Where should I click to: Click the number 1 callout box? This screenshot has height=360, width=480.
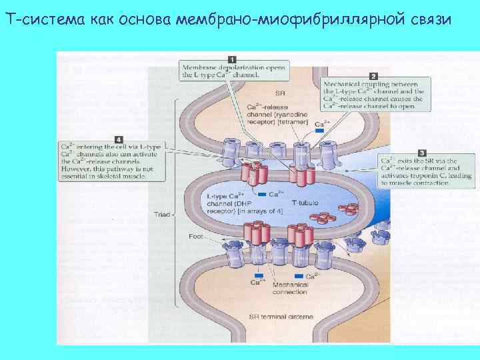tap(232, 59)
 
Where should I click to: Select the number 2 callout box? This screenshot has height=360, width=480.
tap(373, 77)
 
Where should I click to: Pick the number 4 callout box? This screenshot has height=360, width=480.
tap(118, 139)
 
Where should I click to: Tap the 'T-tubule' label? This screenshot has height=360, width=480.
tap(308, 202)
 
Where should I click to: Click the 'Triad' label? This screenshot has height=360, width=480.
tap(162, 215)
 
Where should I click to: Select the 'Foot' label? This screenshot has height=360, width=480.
tap(196, 236)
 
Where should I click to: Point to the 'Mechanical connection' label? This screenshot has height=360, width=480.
tap(289, 289)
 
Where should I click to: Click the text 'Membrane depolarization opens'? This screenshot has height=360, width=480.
tap(233, 68)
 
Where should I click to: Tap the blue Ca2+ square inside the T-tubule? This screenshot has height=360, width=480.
tap(271, 195)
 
